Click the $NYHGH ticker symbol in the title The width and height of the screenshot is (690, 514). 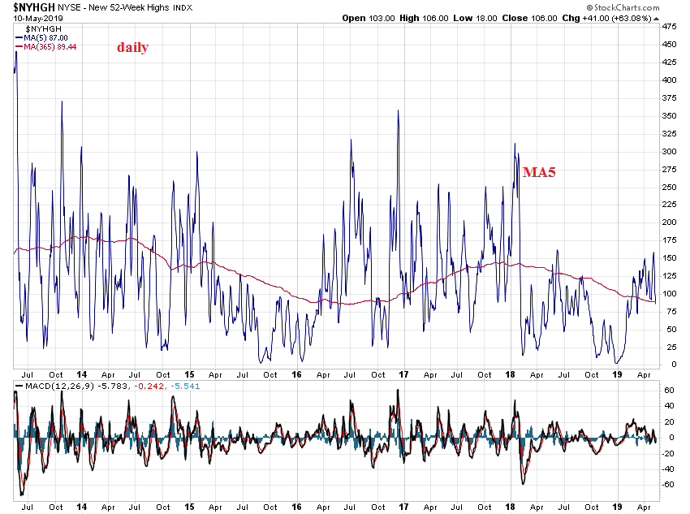28,6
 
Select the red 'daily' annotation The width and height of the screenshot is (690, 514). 132,47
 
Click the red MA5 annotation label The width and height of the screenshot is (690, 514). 539,172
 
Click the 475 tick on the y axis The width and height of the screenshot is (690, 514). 670,27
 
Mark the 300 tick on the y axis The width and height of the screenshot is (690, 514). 670,151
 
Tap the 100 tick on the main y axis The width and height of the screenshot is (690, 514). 670,293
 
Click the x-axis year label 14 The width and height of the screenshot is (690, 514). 82,374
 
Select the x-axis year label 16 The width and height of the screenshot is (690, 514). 296,374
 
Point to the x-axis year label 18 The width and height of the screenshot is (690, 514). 511,374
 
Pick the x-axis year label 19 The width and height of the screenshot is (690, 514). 618,374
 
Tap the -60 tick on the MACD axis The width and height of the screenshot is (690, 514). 670,484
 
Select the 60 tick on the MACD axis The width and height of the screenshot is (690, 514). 669,391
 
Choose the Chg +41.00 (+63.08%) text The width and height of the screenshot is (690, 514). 600,17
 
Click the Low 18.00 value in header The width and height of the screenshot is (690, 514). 465,17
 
